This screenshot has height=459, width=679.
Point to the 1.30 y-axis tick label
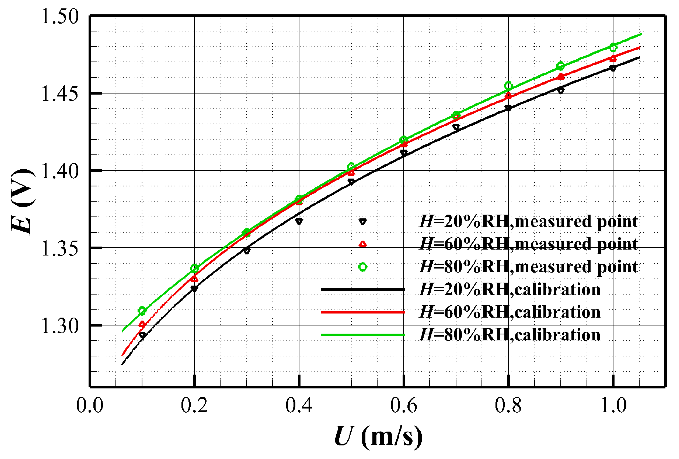click(x=60, y=326)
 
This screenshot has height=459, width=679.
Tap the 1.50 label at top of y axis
click(x=60, y=16)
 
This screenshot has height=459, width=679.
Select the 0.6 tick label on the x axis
click(x=404, y=406)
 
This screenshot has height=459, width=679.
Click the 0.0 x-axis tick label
click(x=90, y=406)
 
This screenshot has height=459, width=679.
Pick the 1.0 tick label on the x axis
click(x=613, y=406)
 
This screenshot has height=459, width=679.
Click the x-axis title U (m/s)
click(x=378, y=437)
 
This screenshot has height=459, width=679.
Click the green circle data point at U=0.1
click(x=142, y=311)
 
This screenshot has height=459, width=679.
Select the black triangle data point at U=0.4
click(x=299, y=221)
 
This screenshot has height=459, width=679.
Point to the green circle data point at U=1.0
click(x=613, y=48)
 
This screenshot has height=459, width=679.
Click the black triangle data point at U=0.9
click(x=561, y=91)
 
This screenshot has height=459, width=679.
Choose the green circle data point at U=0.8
click(x=508, y=86)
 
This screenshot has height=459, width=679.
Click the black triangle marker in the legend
click(x=362, y=222)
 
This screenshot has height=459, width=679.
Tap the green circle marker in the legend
click(x=362, y=267)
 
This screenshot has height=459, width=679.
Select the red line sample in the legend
click(x=362, y=312)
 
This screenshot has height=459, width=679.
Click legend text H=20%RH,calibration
click(x=510, y=289)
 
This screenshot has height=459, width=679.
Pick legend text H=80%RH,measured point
click(x=528, y=267)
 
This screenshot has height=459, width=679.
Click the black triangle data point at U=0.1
click(x=142, y=335)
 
